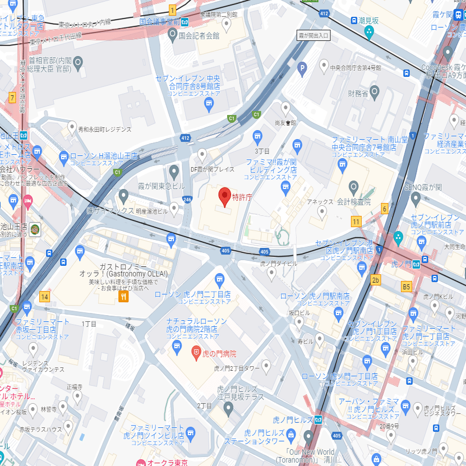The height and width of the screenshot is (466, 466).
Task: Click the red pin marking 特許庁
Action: (x=224, y=196)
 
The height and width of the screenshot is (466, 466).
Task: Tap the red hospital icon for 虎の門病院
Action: (x=196, y=353)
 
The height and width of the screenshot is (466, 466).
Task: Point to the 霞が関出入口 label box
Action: (x=313, y=35)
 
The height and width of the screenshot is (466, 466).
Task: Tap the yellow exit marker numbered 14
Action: (x=44, y=296)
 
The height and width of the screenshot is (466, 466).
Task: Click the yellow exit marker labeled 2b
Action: (x=375, y=280)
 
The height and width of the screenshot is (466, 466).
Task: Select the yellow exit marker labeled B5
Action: (x=407, y=287)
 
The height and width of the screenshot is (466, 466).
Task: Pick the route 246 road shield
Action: (x=187, y=199)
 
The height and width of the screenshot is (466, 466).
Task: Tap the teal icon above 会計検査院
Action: (x=353, y=186)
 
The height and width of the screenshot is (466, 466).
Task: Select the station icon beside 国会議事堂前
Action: (x=184, y=22)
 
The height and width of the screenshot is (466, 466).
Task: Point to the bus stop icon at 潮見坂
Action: (x=354, y=20)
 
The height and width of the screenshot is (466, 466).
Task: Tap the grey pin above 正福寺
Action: (x=77, y=396)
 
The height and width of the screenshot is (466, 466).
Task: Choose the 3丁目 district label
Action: (x=262, y=151)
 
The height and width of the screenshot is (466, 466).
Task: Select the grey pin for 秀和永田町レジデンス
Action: (x=72, y=127)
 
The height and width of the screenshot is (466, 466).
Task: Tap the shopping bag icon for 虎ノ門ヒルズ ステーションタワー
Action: (x=290, y=434)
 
